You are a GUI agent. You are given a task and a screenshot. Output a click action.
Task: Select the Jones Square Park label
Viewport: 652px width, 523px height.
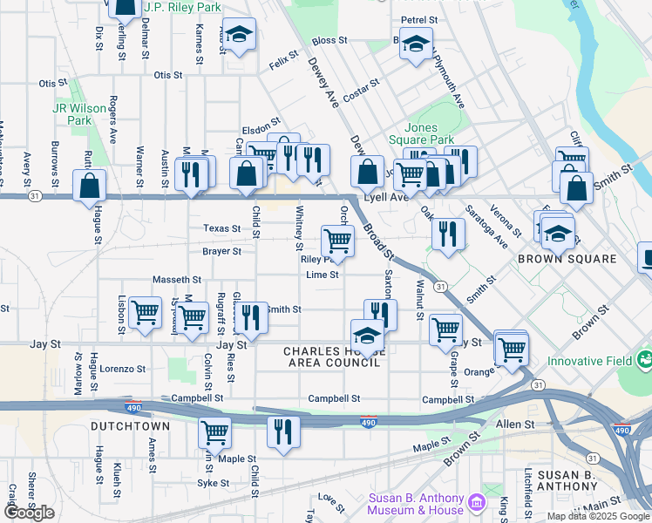click(428, 133)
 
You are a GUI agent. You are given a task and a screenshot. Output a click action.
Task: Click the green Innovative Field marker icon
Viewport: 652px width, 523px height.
click(644, 358)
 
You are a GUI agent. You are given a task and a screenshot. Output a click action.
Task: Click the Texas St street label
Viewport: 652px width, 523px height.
click(221, 228)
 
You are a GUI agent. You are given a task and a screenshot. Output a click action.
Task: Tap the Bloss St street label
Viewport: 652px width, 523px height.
click(329, 40)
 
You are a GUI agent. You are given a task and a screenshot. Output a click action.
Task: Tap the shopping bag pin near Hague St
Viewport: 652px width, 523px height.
click(90, 186)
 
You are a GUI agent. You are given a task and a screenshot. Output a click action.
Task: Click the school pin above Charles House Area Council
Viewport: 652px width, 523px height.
click(368, 336)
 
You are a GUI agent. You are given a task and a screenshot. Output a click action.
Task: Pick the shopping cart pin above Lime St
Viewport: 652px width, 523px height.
click(337, 240)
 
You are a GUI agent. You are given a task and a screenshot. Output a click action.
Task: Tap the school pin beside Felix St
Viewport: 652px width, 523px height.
click(240, 35)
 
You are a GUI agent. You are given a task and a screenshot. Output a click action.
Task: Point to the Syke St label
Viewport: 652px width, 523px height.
click(213, 483)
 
